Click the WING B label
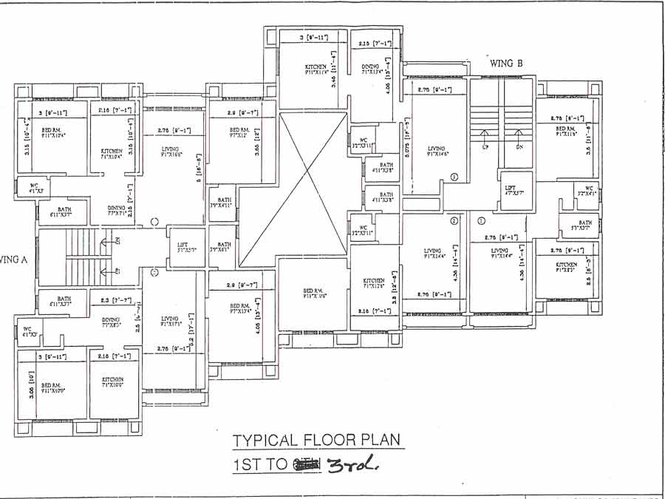click(506, 64)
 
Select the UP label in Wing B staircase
click(485, 147)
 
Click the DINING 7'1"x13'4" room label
click(371, 70)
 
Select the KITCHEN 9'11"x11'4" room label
click(316, 70)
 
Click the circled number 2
click(454, 220)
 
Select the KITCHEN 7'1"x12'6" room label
click(373, 283)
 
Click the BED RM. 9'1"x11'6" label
click(567, 131)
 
